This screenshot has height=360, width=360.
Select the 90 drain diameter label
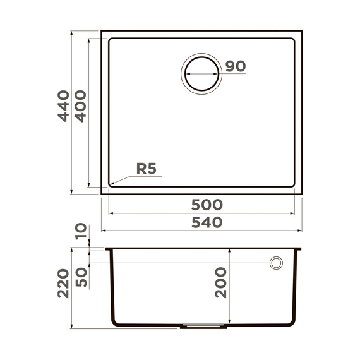(x=234, y=66)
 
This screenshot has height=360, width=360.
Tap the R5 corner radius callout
(x=147, y=169)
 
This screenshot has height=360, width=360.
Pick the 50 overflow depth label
(x=80, y=276)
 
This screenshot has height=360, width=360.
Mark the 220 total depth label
(x=63, y=285)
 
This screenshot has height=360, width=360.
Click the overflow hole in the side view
(x=276, y=263)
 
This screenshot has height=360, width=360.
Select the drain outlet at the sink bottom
(x=202, y=327)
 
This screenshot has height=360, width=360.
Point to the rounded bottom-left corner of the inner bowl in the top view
(x=111, y=184)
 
